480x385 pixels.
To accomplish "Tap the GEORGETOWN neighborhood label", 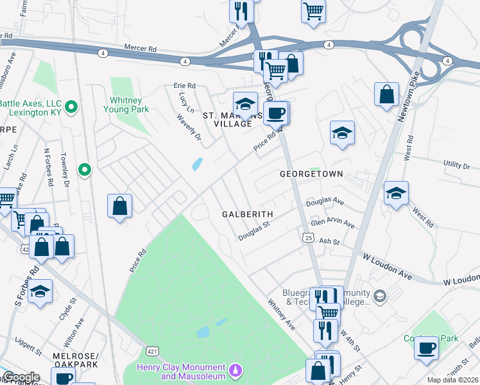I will click(x=311, y=174).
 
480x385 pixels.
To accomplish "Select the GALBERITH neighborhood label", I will click(x=248, y=214).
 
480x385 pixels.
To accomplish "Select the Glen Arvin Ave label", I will click(x=332, y=223).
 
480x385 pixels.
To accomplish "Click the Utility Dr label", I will click(x=456, y=166).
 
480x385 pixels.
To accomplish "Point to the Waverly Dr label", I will click(x=189, y=128).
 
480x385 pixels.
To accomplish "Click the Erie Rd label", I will click(x=184, y=85).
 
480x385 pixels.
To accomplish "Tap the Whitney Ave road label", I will click(x=281, y=314).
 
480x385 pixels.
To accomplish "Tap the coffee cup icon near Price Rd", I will click(x=277, y=113).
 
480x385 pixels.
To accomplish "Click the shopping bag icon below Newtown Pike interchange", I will click(x=388, y=94).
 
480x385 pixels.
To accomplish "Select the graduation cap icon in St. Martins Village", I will click(x=244, y=103).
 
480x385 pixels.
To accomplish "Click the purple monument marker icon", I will click(x=236, y=371).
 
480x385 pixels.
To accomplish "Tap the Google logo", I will click(x=21, y=377).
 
